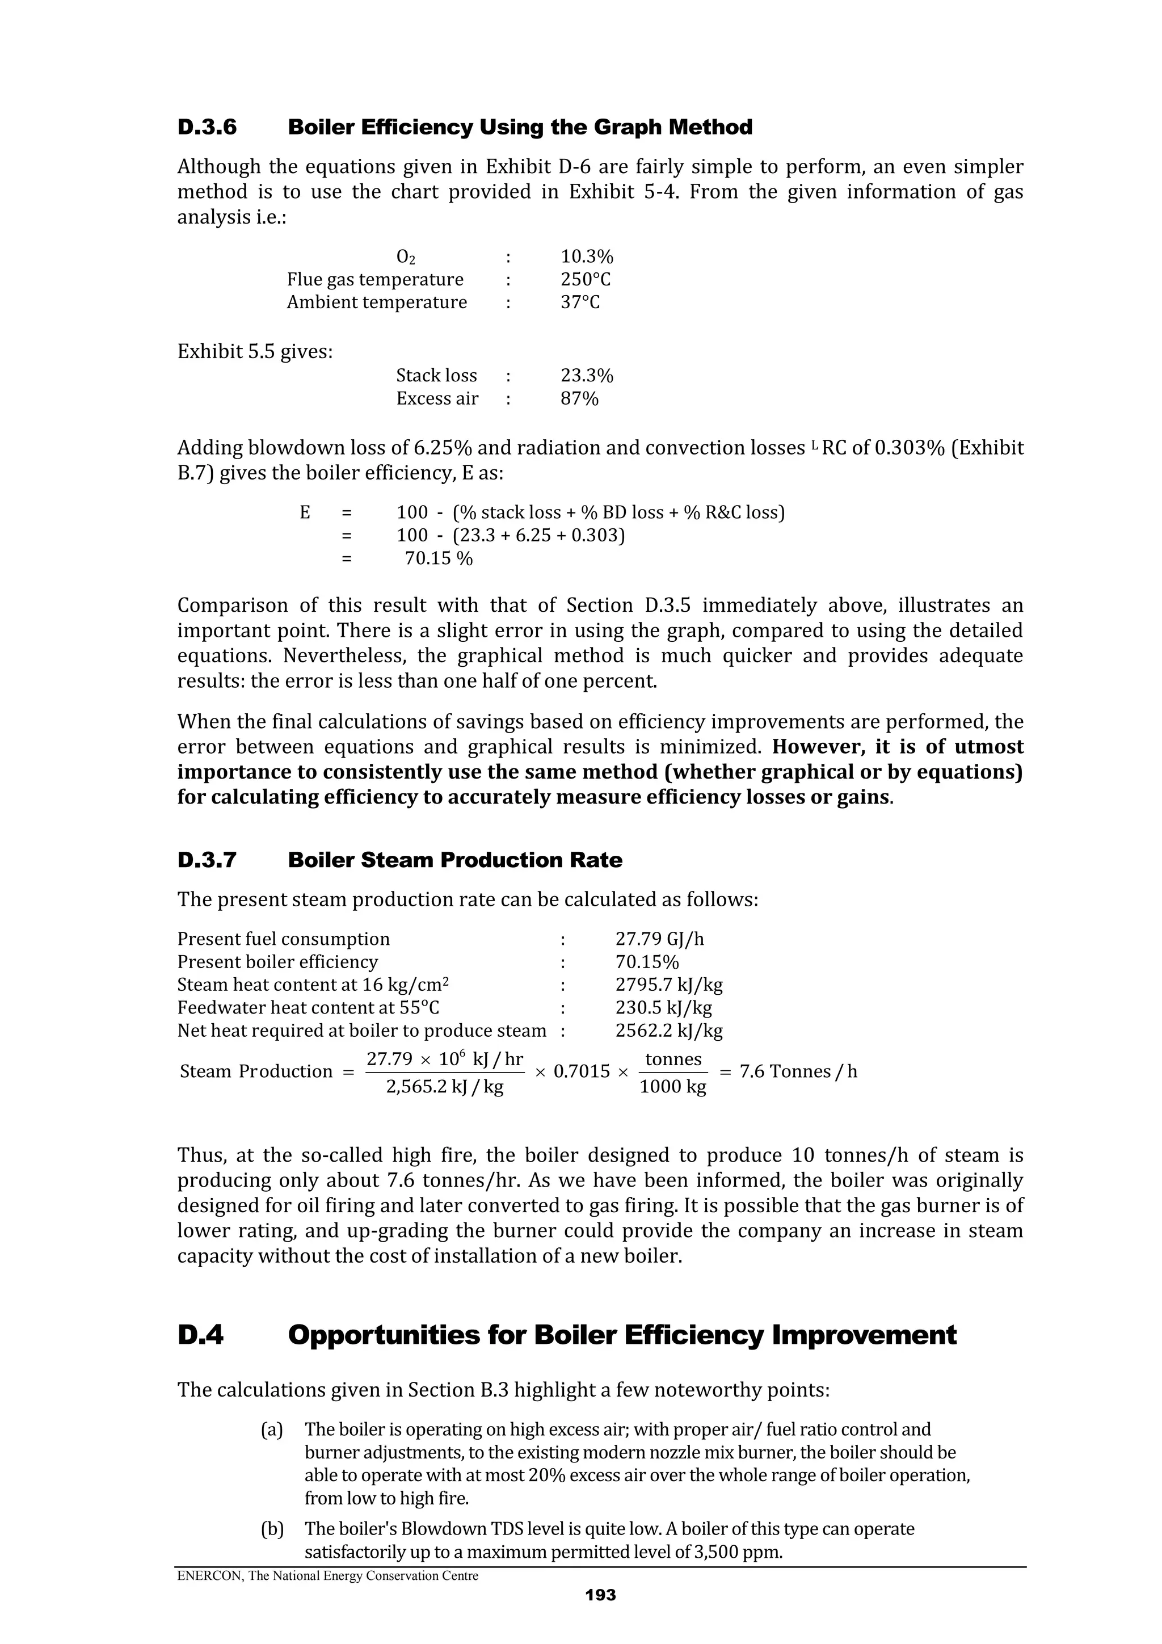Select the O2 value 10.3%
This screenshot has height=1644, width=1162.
click(x=586, y=257)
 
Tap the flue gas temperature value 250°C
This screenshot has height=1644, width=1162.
click(x=585, y=279)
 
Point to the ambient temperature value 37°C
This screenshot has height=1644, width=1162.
click(x=580, y=302)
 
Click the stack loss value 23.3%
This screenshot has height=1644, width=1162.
click(x=586, y=376)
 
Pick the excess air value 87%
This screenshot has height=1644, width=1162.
click(x=579, y=399)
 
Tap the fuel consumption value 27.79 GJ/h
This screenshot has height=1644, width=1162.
click(x=659, y=939)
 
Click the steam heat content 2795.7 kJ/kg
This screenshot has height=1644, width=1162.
click(x=669, y=985)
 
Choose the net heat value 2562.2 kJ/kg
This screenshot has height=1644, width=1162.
click(x=669, y=1031)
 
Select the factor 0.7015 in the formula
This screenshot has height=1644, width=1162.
click(x=582, y=1071)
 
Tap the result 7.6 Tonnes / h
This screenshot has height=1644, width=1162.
click(x=798, y=1071)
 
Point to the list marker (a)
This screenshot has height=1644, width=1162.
click(x=271, y=1430)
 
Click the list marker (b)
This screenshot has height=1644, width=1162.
click(x=271, y=1529)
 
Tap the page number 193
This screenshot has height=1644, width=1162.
click(x=600, y=1595)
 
